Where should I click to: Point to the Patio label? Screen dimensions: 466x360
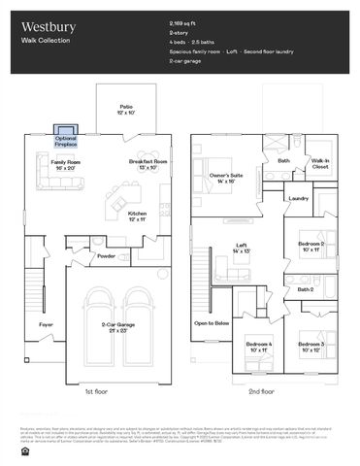tap(126, 108)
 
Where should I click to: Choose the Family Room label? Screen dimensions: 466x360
tap(65, 164)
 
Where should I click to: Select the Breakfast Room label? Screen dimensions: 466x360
tap(147, 164)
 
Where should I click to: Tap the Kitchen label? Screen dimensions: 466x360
tap(137, 216)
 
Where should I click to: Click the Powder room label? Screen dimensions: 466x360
tap(106, 256)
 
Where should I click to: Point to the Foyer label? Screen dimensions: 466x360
tap(46, 324)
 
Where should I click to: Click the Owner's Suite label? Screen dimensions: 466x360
tap(236, 178)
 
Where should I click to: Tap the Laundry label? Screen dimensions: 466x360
tap(299, 199)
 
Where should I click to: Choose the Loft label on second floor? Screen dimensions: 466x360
tap(241, 248)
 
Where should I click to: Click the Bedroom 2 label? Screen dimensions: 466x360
tap(311, 246)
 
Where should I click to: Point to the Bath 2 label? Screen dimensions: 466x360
tap(305, 289)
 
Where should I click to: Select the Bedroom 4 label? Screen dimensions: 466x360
tap(258, 348)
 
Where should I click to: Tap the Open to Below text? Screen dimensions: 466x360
tap(212, 322)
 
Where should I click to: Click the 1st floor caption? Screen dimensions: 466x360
tap(95, 391)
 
